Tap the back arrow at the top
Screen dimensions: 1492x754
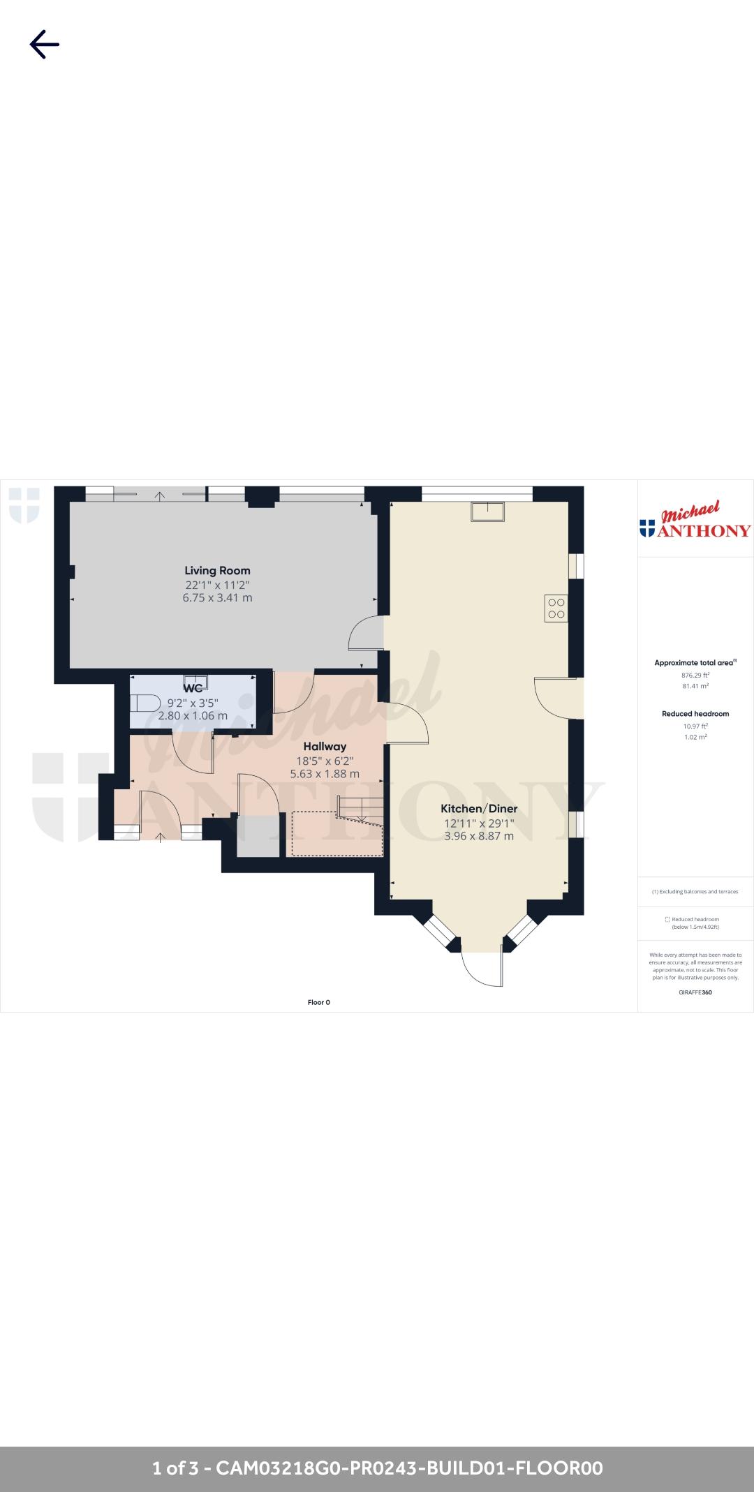coord(44,44)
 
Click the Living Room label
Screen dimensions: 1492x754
coord(217,570)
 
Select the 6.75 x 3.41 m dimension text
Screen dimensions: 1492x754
coord(217,598)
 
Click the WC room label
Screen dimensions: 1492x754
coord(193,688)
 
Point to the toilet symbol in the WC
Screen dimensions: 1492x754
coord(145,702)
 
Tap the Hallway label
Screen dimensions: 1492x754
coord(325,746)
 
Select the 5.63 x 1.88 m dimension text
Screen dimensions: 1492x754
coord(325,773)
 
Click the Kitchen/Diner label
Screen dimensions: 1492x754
coord(479,808)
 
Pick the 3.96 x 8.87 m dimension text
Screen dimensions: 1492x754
coord(479,836)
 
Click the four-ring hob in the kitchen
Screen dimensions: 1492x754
coord(556,608)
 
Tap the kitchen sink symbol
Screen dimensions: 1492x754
coord(488,512)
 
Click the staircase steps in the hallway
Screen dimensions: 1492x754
coord(360,810)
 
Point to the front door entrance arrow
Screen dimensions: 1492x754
coord(161,837)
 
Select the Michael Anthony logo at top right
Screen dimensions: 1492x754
coord(695,521)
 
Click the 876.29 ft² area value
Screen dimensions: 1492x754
coord(695,675)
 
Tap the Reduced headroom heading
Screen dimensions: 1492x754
coord(695,714)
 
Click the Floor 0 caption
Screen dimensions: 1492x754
coord(318,1002)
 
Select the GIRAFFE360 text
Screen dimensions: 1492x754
coord(695,992)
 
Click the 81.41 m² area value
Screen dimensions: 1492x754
coord(695,686)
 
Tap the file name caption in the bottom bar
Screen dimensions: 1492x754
coord(377,1468)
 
